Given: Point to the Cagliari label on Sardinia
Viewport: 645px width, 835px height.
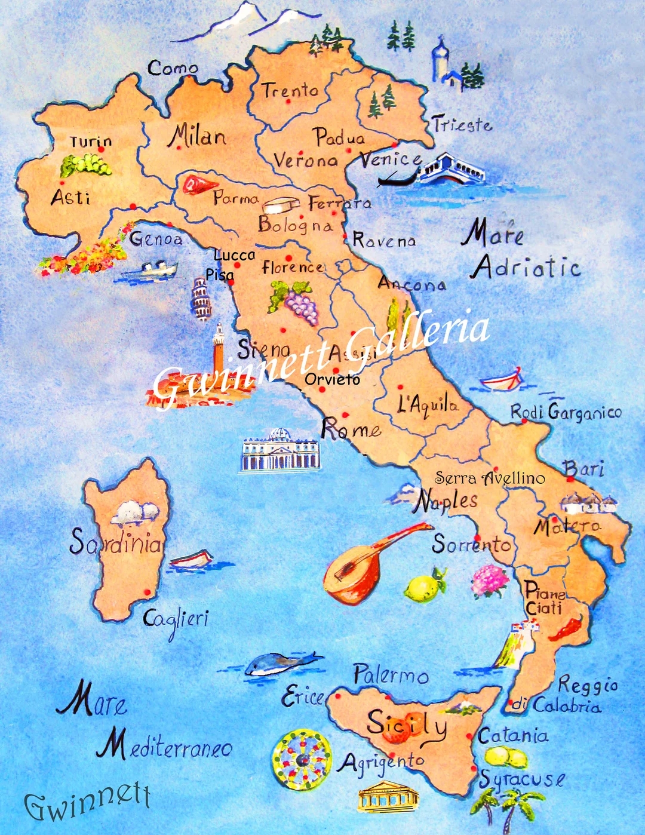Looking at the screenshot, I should pyautogui.click(x=176, y=619).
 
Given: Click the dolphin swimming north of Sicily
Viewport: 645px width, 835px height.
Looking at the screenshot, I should pyautogui.click(x=281, y=663).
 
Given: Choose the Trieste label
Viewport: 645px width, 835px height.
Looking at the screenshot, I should pyautogui.click(x=462, y=124).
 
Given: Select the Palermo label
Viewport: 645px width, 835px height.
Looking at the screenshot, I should pyautogui.click(x=391, y=675).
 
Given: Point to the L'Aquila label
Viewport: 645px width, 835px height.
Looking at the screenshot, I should pyautogui.click(x=428, y=405).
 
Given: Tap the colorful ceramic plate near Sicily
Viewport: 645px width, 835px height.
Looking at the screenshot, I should pyautogui.click(x=302, y=759).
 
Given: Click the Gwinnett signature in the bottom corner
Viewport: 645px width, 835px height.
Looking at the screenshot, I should pyautogui.click(x=87, y=800).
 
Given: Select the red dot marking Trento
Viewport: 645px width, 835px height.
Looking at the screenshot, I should pyautogui.click(x=288, y=102).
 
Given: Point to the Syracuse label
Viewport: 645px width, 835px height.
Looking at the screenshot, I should pyautogui.click(x=522, y=779).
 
